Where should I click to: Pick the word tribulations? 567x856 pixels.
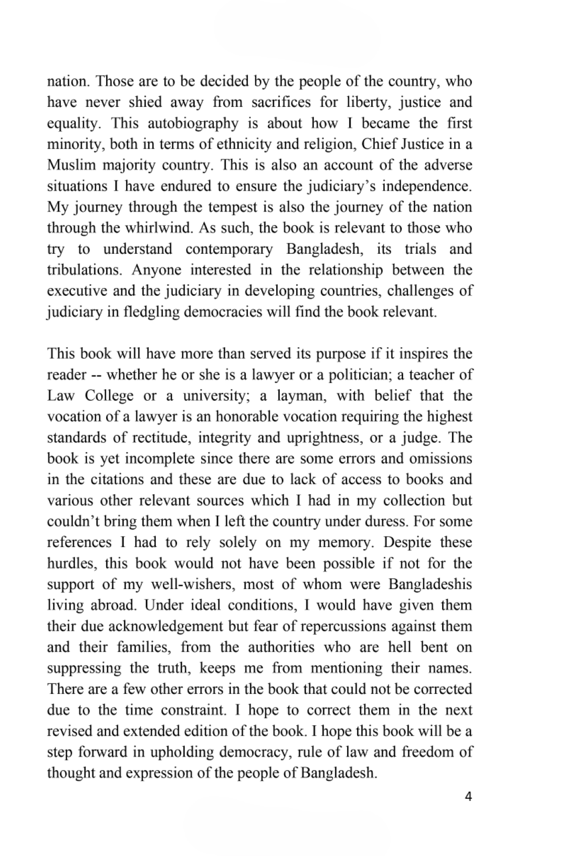[84, 270]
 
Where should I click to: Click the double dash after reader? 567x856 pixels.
[96, 375]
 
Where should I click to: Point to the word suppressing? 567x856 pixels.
[84, 669]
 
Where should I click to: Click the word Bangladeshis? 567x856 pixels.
[430, 585]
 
